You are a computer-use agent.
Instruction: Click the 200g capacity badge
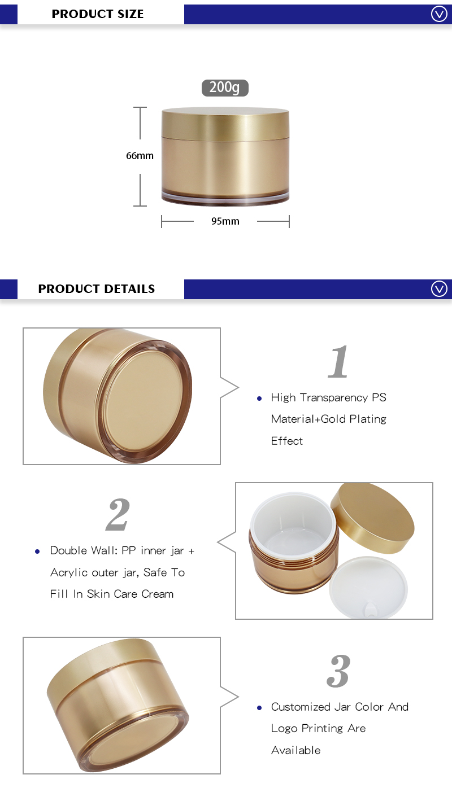tap(225, 87)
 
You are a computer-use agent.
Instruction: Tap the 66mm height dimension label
tap(140, 156)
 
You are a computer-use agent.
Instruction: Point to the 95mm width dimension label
tap(225, 221)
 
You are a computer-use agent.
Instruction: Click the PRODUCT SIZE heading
tap(98, 14)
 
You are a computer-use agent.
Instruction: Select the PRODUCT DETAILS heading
tap(97, 289)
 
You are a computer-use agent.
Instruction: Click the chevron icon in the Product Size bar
tap(439, 14)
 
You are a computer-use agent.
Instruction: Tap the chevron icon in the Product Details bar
tap(439, 289)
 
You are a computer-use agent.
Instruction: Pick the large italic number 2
tap(118, 515)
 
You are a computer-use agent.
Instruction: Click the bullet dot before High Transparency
tap(259, 399)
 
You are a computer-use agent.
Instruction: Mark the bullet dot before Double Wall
tap(38, 551)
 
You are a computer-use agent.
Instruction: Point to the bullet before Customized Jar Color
tap(259, 708)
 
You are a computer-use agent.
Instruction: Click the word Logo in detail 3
tap(284, 728)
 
